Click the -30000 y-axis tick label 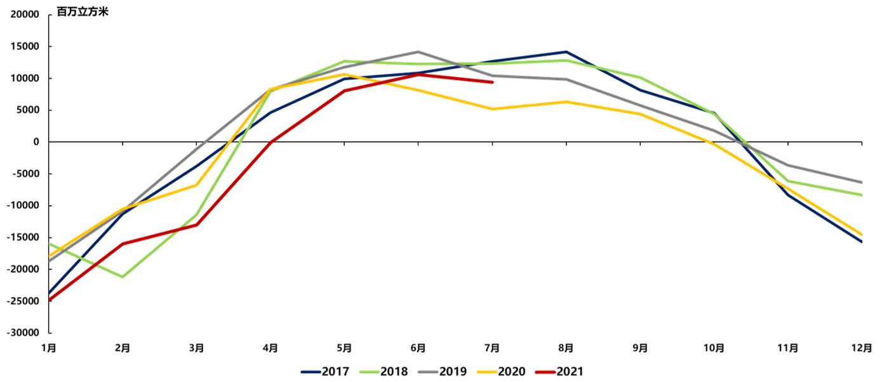coord(23,333)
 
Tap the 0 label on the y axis coord(36,142)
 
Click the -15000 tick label coord(23,237)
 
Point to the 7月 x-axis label coord(492,348)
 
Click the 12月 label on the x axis coord(861,348)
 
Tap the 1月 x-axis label coord(49,348)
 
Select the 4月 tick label coord(271,348)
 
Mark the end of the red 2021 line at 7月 coord(492,82)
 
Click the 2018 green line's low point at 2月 coord(123,277)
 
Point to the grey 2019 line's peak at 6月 coord(418,51)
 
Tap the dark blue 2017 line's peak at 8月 coord(566,51)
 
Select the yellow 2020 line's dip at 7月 coord(492,109)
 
